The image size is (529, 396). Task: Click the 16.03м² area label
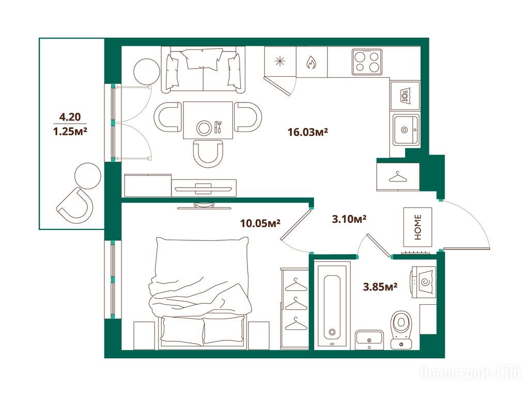click(308, 131)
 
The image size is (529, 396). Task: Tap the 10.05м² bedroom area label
click(260, 223)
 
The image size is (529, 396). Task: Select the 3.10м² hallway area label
click(349, 219)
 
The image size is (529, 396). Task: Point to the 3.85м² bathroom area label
click(380, 287)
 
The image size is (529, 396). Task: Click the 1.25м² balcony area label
click(70, 131)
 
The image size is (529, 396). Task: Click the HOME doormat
click(417, 227)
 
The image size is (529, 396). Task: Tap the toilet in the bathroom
click(401, 329)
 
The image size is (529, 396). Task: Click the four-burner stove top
click(367, 62)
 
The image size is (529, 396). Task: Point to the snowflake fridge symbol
click(280, 62)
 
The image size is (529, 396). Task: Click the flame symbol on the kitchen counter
click(311, 62)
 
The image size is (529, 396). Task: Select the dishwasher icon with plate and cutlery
click(405, 96)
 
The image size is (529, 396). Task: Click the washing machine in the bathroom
click(424, 282)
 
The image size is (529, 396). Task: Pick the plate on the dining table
click(204, 128)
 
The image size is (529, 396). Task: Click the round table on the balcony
click(88, 176)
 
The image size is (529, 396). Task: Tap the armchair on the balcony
click(75, 206)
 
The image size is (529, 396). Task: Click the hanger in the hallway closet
click(398, 177)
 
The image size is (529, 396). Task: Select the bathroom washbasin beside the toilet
click(369, 339)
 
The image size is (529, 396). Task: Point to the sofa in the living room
click(203, 70)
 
